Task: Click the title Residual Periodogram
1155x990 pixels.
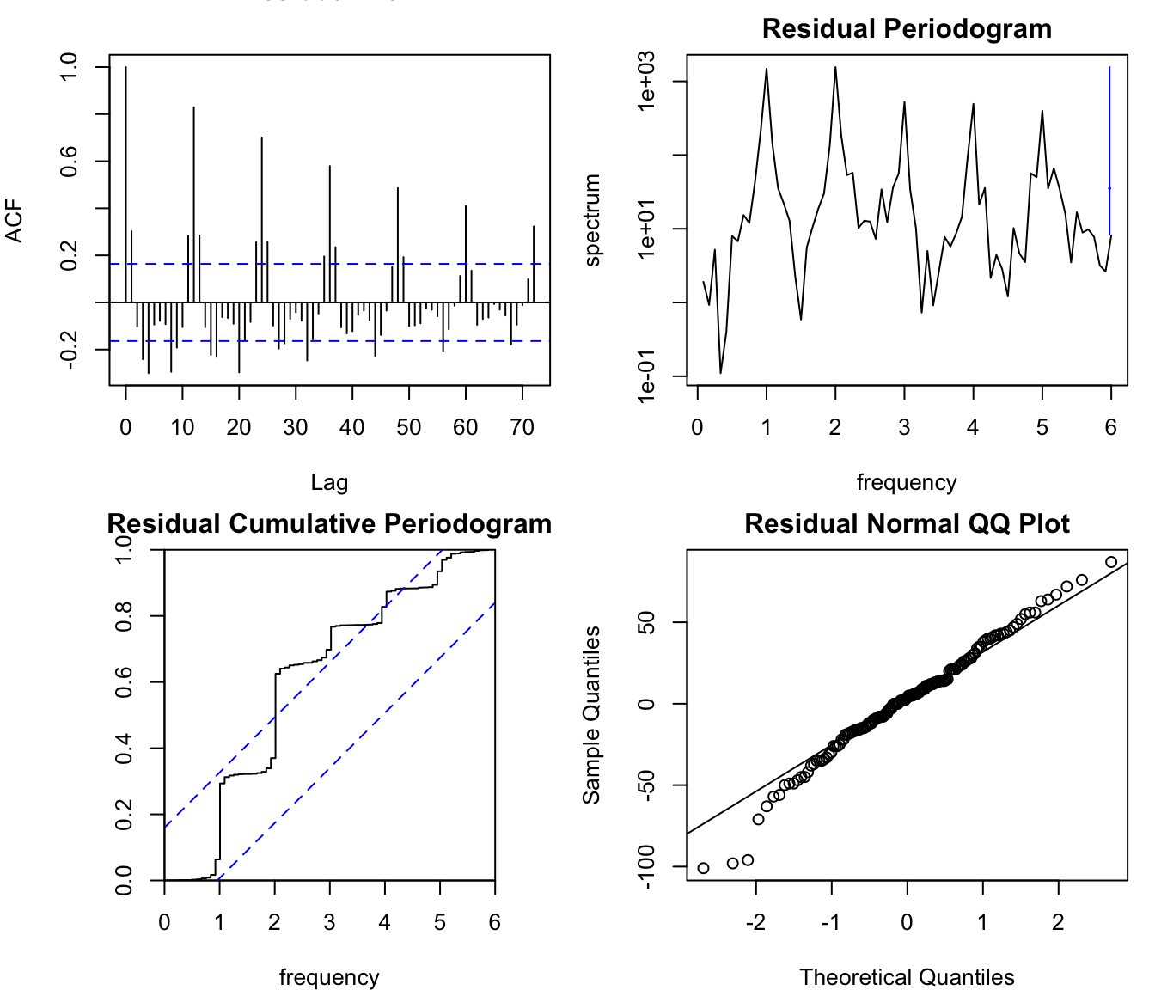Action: click(907, 29)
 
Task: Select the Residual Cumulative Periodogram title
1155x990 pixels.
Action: click(329, 524)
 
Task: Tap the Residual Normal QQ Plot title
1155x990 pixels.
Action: click(907, 524)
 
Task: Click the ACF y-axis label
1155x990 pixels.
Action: click(15, 221)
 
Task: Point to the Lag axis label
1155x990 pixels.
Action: click(329, 483)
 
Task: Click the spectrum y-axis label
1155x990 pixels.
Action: click(592, 221)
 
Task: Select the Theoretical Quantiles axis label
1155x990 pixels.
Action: click(907, 977)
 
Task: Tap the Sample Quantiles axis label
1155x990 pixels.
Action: click(592, 715)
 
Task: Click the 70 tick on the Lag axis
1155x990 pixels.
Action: click(522, 427)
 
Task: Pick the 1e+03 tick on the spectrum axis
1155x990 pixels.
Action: click(646, 81)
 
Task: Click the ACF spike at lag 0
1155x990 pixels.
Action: click(125, 172)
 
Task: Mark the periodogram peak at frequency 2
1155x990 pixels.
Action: click(835, 68)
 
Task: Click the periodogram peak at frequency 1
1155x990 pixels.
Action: click(767, 70)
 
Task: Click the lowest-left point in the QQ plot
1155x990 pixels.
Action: click(704, 868)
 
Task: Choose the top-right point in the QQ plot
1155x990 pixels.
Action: click(1111, 562)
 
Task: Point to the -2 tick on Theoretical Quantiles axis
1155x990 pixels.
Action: click(755, 922)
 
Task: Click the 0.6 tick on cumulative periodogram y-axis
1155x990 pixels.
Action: click(124, 682)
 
